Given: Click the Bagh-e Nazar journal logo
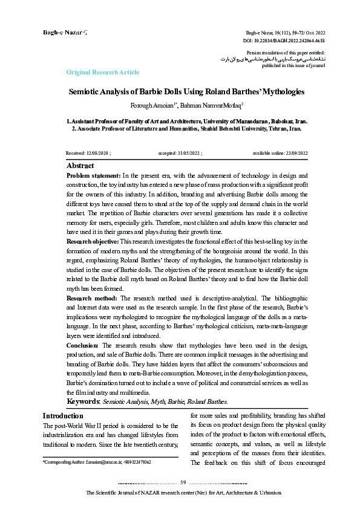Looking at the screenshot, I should pos(64,31).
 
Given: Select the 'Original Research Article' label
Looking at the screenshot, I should pos(102,73).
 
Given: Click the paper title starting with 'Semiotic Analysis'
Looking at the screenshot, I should pos(186,92).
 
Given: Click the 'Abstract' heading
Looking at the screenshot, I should pos(80,166).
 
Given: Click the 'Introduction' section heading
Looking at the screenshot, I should pos(62,416).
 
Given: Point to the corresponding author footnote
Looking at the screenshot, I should pos(97,462).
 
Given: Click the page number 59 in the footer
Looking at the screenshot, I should pos(183,482).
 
